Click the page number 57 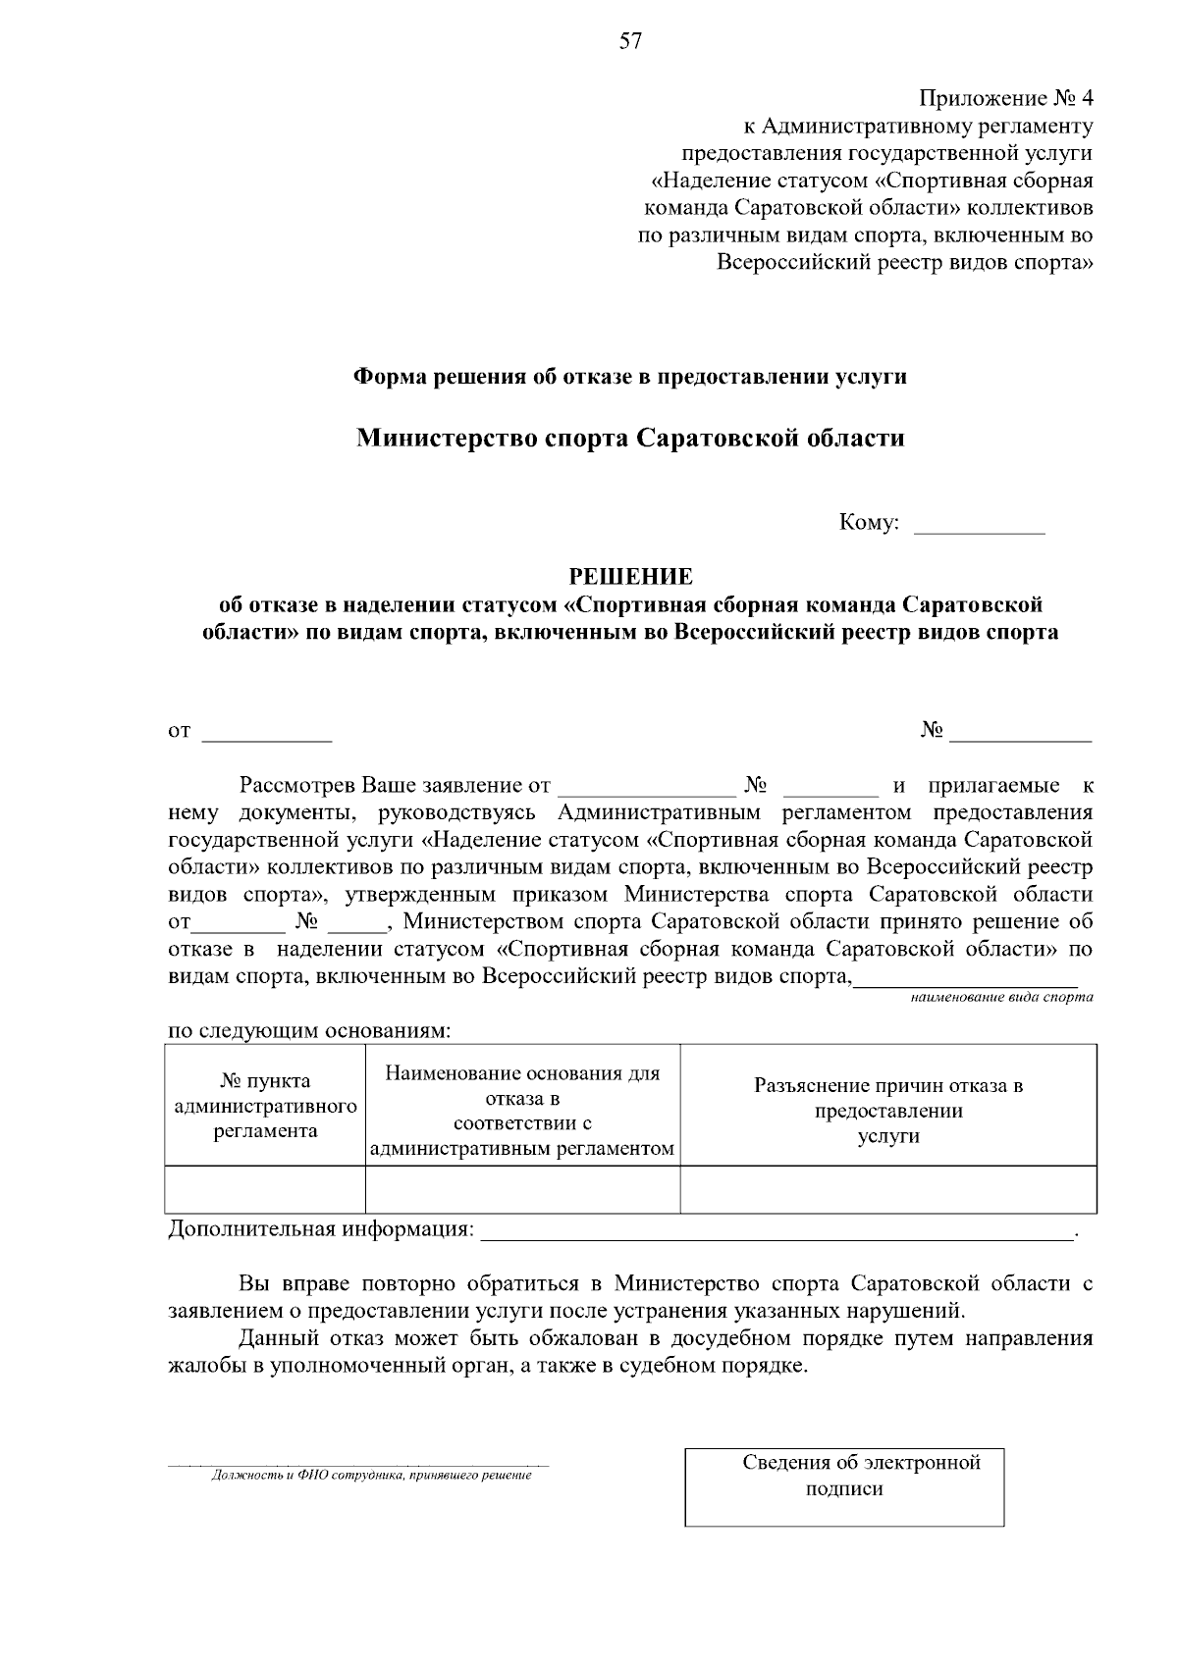[x=630, y=40]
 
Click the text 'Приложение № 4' [x=1005, y=98]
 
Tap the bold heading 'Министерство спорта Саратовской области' [x=630, y=438]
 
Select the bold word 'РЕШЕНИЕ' [x=631, y=577]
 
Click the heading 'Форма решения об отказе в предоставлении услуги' [x=630, y=377]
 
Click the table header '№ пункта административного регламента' [x=265, y=1106]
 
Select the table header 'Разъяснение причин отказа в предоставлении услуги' [x=888, y=1111]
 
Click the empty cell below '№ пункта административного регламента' [x=265, y=1189]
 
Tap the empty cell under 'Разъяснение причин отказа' [x=888, y=1189]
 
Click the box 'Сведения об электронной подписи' [x=844, y=1486]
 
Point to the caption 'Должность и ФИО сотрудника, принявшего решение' [x=371, y=1476]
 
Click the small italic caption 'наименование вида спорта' [x=1001, y=997]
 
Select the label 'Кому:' [x=869, y=523]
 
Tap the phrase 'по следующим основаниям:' [x=310, y=1031]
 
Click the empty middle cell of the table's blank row [x=522, y=1189]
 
